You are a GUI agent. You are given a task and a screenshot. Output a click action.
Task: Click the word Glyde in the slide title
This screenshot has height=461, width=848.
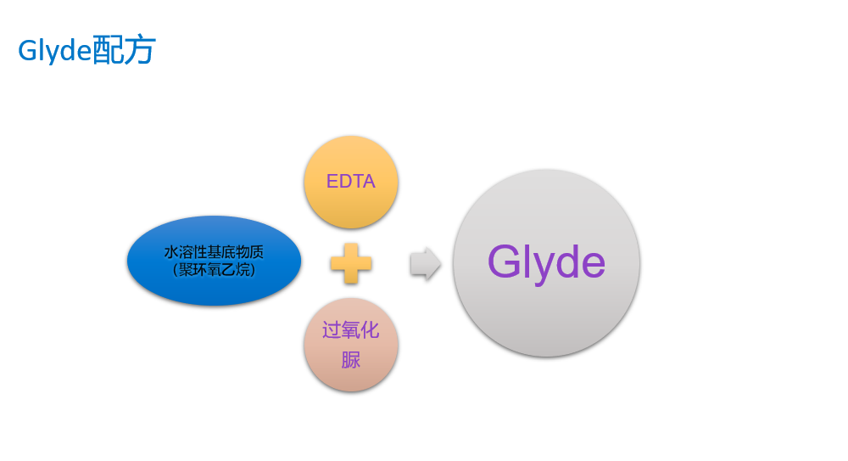(54, 51)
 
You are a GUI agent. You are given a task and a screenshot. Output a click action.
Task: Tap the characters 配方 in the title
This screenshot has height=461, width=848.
(124, 51)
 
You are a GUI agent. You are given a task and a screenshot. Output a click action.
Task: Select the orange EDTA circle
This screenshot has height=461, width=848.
(351, 204)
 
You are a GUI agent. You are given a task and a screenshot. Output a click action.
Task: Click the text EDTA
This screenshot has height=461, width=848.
(351, 182)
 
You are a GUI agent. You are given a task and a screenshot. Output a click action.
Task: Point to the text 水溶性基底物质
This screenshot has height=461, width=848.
(214, 252)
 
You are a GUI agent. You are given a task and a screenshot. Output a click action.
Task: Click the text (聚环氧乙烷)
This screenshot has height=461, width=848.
(214, 270)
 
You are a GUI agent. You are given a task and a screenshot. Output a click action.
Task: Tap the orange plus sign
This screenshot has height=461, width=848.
(351, 263)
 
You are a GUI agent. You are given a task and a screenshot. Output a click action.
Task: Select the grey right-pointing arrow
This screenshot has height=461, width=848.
(425, 264)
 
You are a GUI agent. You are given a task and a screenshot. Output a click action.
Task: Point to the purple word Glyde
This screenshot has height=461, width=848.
(546, 262)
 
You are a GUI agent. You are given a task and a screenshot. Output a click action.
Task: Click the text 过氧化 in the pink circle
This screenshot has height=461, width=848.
(351, 330)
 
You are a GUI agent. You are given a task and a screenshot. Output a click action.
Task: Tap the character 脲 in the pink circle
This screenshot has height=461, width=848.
(351, 360)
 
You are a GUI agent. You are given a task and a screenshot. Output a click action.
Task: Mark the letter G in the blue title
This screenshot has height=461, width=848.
(26, 51)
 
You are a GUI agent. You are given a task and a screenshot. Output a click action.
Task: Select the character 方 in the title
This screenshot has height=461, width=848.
(140, 51)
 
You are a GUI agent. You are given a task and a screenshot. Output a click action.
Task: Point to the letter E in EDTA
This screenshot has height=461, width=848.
(332, 182)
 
